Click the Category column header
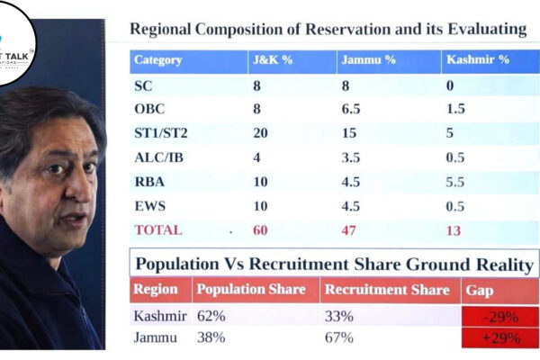(x=157, y=60)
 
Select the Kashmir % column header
(x=477, y=60)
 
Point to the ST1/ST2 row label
(x=161, y=133)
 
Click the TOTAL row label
(x=157, y=229)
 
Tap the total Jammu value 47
(x=348, y=229)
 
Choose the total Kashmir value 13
(x=453, y=229)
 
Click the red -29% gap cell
(x=500, y=317)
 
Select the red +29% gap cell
(x=500, y=338)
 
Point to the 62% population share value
(x=211, y=317)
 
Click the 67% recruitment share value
(x=338, y=338)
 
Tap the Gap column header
(x=479, y=290)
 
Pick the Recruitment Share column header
(x=386, y=290)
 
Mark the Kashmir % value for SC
(x=449, y=86)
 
